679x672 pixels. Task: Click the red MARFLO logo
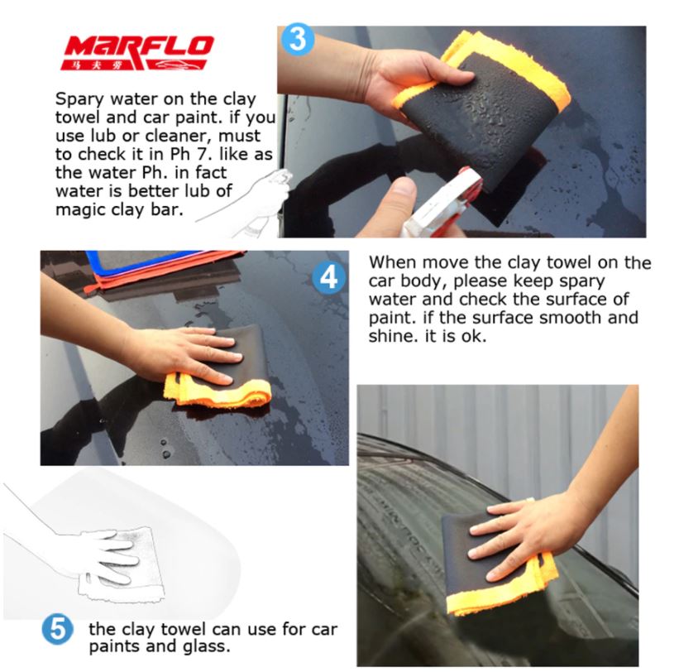pyautogui.click(x=137, y=52)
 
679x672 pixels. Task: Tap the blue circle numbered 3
pyautogui.click(x=298, y=39)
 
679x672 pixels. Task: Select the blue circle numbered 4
pyautogui.click(x=328, y=277)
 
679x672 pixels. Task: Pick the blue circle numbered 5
pyautogui.click(x=58, y=629)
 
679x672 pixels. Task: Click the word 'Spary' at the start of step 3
pyautogui.click(x=79, y=99)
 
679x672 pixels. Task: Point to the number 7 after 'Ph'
pyautogui.click(x=196, y=154)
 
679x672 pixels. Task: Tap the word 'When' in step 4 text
pyautogui.click(x=393, y=262)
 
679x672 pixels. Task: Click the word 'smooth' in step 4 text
pyautogui.click(x=571, y=318)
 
